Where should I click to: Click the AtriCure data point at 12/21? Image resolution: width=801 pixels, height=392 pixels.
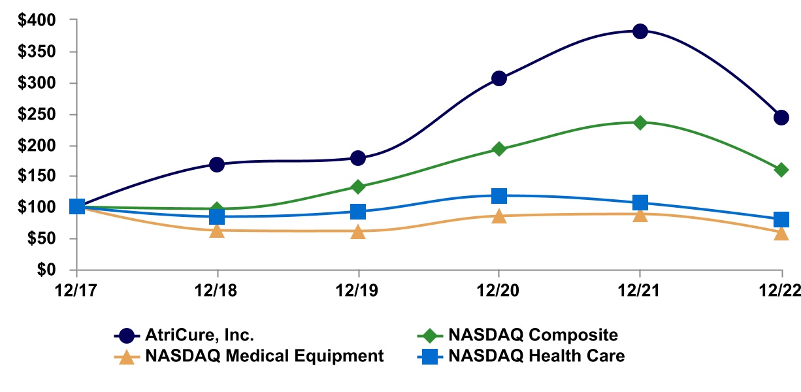(640, 31)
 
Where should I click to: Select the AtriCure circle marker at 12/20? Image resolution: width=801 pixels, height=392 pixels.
(499, 78)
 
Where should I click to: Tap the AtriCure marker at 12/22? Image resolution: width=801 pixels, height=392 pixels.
(781, 118)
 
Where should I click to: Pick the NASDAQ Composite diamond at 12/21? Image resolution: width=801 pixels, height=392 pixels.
(640, 122)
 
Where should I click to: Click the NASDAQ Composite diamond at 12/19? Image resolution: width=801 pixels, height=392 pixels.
(358, 187)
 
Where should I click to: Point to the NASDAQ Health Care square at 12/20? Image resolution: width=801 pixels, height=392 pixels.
(499, 195)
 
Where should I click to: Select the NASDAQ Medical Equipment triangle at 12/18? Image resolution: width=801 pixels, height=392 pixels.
(217, 231)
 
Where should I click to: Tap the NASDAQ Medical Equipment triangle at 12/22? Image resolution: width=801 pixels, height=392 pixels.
(781, 233)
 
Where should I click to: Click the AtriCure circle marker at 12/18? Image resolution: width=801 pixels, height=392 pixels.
(217, 164)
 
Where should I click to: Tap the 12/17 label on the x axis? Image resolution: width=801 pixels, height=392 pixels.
(76, 288)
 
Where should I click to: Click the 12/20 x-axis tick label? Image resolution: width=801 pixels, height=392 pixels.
(499, 288)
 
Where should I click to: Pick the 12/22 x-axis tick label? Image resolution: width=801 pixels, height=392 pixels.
(781, 288)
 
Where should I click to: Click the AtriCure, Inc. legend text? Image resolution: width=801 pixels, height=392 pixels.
(199, 336)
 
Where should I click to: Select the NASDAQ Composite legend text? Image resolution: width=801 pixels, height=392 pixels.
(532, 336)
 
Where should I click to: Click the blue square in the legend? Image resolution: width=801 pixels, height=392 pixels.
(429, 357)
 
